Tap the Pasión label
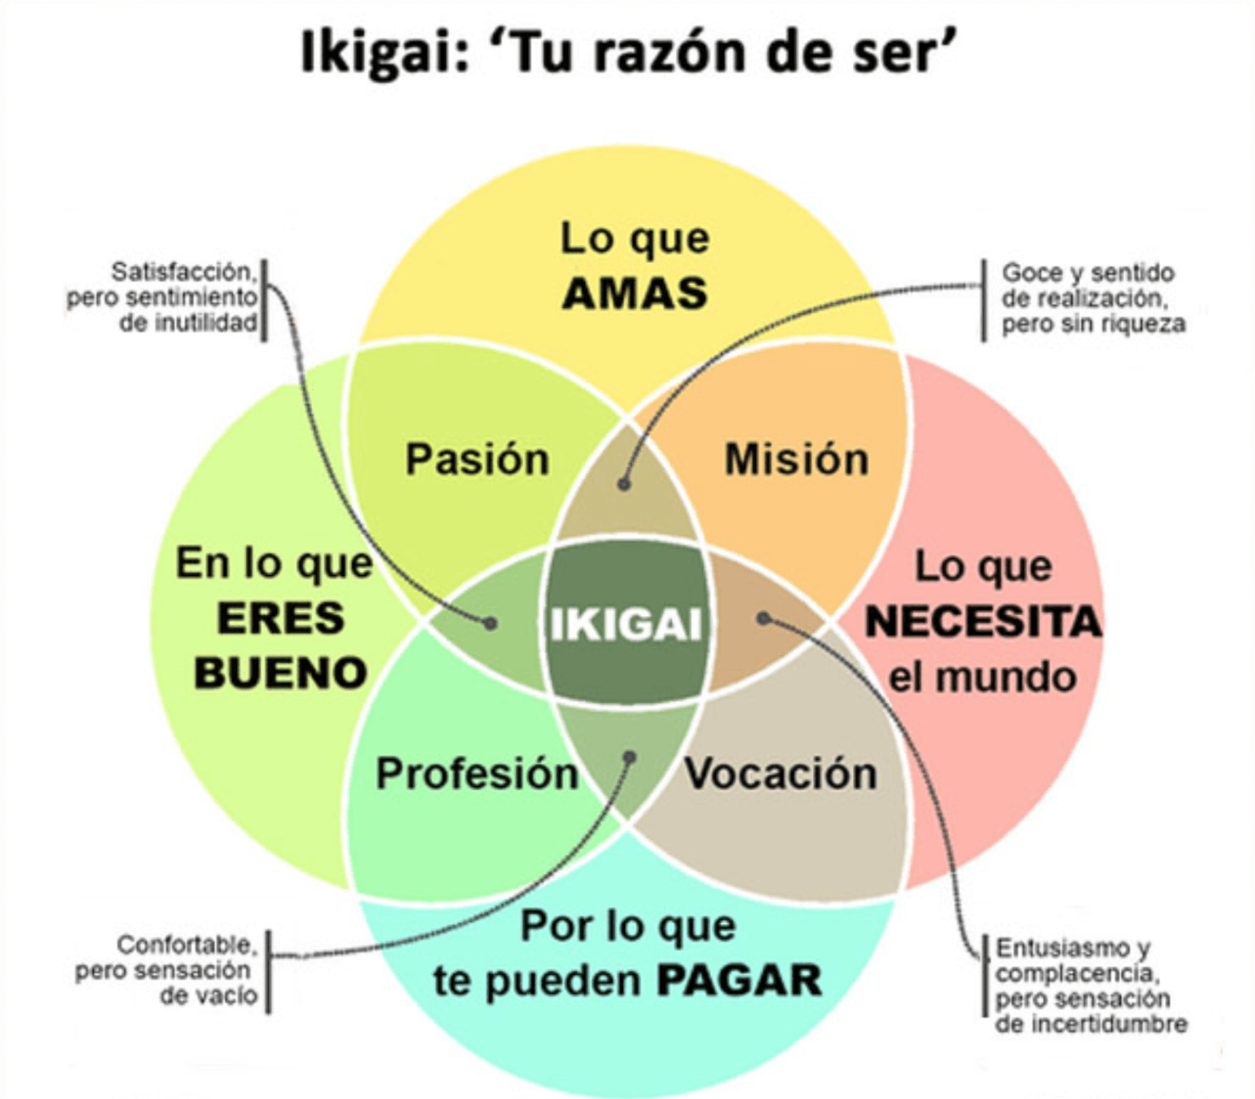coord(476,460)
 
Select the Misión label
coord(796,460)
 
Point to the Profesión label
coord(477,774)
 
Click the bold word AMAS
coord(636,293)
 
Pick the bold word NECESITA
coord(983,621)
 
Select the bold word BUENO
coord(280,672)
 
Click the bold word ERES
coord(280,619)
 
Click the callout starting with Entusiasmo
coord(1091,985)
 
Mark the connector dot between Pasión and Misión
coord(623,484)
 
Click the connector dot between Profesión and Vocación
coord(629,757)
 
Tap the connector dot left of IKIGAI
coord(489,623)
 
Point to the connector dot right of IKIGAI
coord(763,619)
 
